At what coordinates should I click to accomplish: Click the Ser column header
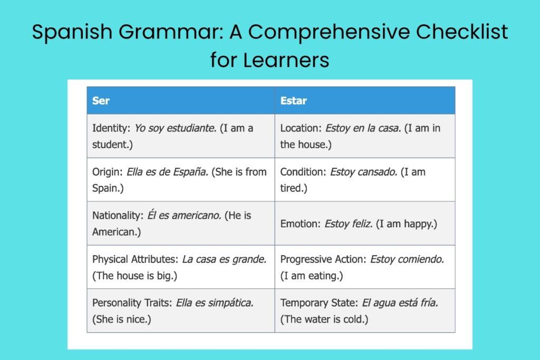coord(101,100)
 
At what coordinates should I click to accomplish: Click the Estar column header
coord(293,100)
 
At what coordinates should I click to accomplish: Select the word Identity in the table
coord(110,128)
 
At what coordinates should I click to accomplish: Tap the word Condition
coord(302,172)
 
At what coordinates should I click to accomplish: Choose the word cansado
coord(378,172)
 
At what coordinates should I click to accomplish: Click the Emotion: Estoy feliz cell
coord(359,223)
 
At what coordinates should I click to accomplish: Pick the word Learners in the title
coord(286,60)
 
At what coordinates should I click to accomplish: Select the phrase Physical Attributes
coord(134,259)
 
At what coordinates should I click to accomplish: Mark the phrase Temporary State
coord(318,303)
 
